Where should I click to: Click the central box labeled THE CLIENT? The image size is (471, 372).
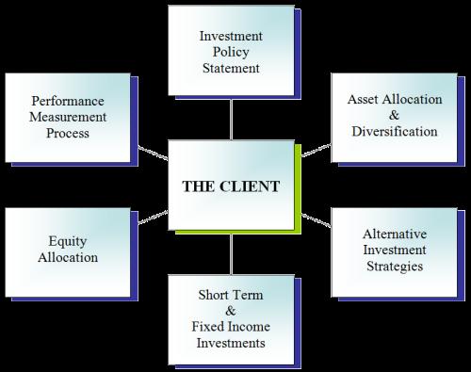coord(231,185)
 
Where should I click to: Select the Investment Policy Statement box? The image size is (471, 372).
coord(231,53)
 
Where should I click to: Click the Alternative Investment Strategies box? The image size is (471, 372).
coord(392,249)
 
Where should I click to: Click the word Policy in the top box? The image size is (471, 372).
coord(231,53)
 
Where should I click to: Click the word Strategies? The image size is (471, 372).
coord(392,266)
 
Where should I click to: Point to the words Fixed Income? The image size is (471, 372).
coord(231,327)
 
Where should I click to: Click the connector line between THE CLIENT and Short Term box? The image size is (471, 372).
coord(232,252)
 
